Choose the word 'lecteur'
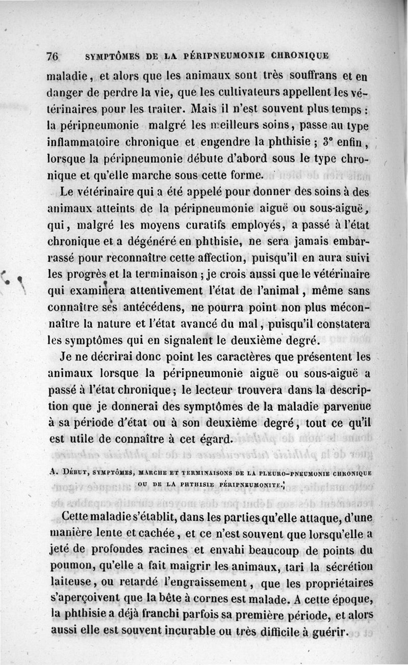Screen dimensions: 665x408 [x=213, y=389]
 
